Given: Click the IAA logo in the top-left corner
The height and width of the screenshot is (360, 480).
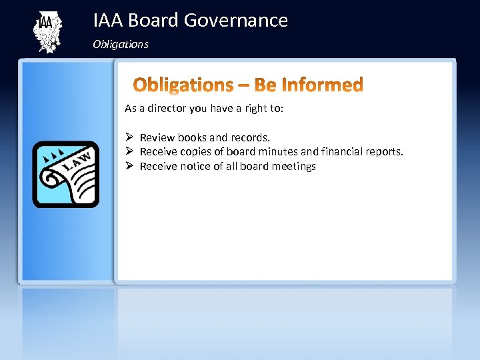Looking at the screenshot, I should tap(47, 33).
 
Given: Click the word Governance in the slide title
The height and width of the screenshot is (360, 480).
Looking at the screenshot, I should tap(235, 21).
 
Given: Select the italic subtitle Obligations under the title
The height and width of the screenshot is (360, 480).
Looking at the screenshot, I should tap(121, 45).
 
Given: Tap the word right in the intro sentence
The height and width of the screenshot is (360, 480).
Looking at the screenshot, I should tap(248, 108).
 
